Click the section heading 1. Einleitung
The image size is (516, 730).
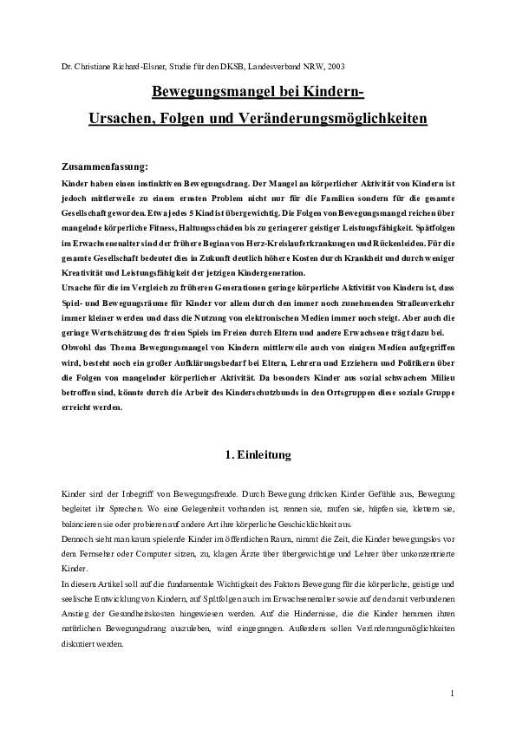pyautogui.click(x=258, y=453)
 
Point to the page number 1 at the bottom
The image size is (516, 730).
pyautogui.click(x=453, y=693)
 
